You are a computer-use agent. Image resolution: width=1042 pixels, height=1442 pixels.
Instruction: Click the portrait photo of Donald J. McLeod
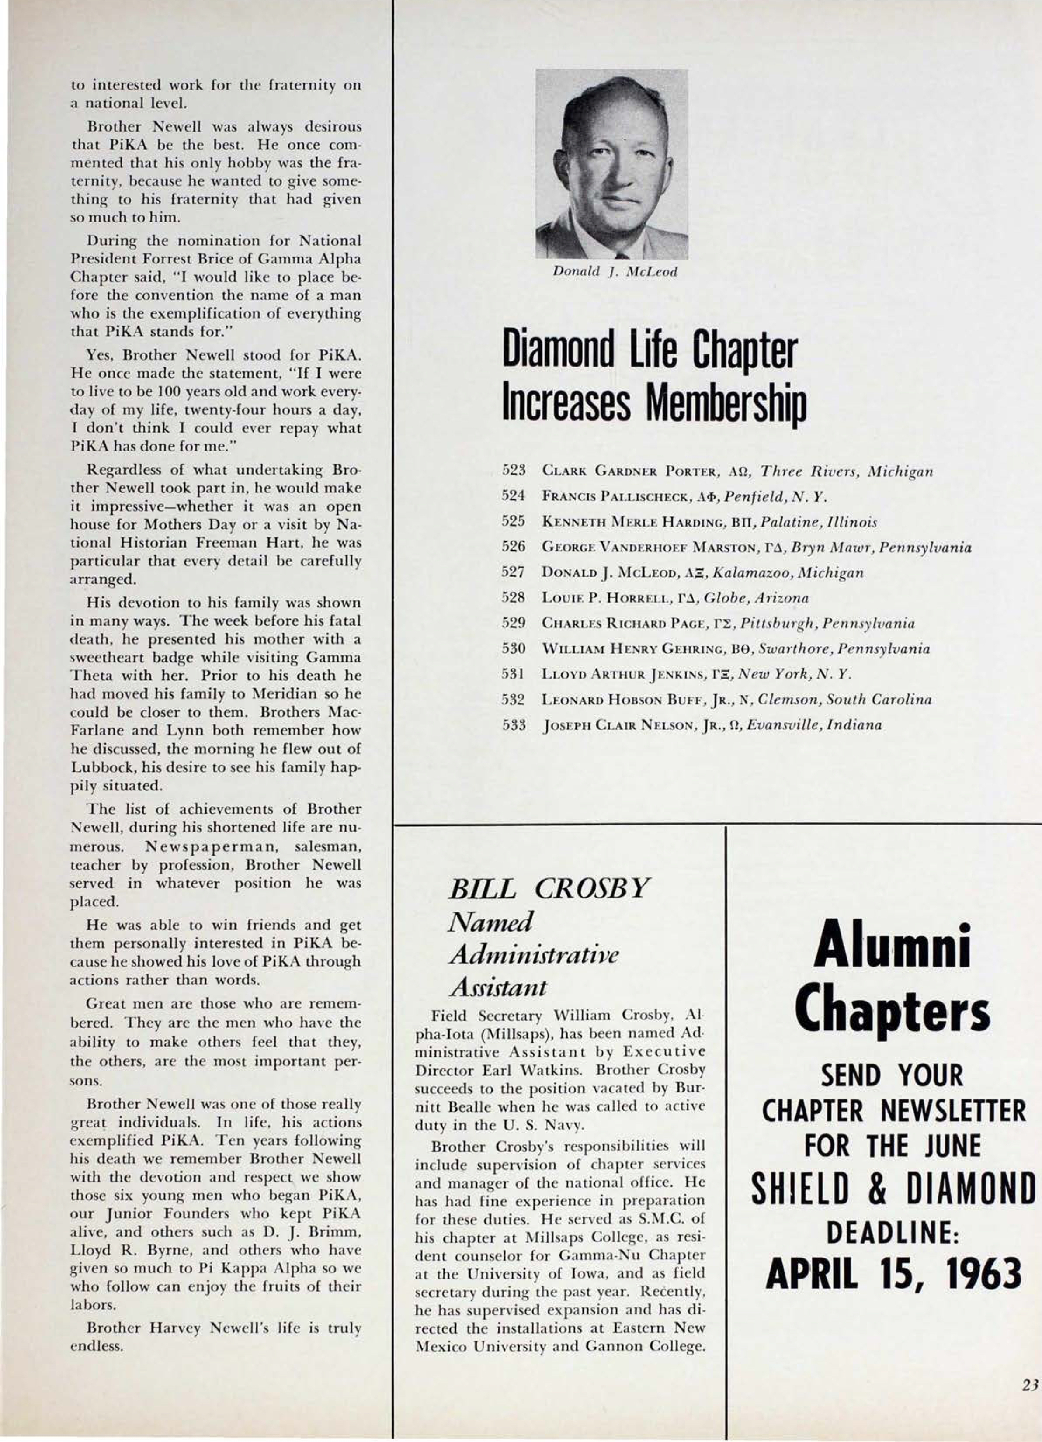point(611,163)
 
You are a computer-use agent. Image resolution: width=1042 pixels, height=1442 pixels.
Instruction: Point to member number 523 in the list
point(512,472)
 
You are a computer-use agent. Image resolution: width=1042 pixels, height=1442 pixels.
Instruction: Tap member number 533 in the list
point(512,725)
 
